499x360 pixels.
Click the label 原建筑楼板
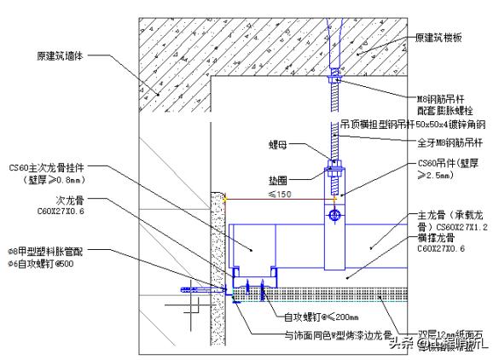point(443,38)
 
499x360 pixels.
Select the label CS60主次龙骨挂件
point(46,168)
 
